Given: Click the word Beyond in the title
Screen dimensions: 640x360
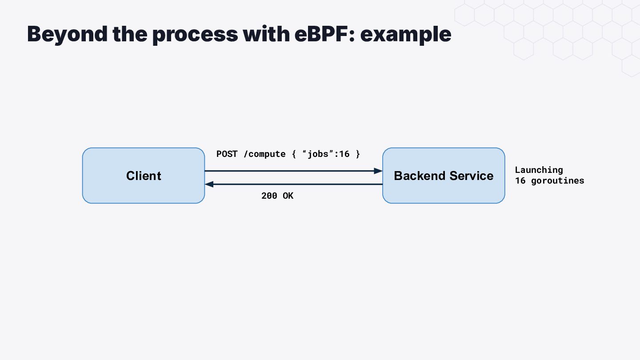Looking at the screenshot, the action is [68, 35].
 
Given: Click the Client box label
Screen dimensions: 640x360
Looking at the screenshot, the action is [144, 176].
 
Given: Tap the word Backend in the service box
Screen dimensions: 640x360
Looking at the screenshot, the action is [420, 176].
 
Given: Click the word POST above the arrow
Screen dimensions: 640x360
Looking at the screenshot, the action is [227, 154].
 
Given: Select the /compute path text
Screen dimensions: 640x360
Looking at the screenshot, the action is [264, 154].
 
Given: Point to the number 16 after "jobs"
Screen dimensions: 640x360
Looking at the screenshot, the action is [344, 154].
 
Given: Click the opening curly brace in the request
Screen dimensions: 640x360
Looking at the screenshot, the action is [294, 154].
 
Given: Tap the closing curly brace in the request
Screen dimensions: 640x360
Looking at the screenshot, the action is [358, 154].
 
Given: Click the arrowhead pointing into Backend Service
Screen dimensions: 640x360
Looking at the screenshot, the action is [378, 171].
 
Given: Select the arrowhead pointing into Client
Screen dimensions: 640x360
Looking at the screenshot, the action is [209, 184].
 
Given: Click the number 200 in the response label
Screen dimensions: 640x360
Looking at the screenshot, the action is [269, 196].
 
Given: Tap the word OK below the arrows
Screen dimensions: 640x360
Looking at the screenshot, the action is [288, 196].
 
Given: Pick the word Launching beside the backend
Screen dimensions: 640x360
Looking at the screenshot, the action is [539, 170].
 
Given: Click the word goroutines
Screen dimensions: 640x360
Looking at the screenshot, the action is [558, 181].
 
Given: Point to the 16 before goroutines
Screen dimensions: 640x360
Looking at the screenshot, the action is [520, 181].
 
